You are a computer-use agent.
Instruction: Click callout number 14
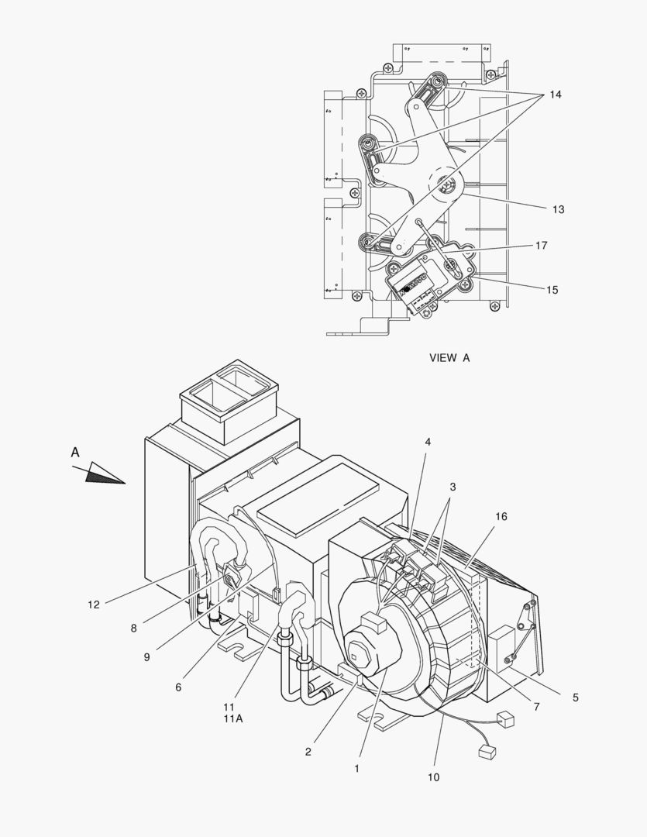coord(556,95)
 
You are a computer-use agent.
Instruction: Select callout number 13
coord(558,209)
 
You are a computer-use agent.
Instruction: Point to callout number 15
coord(552,290)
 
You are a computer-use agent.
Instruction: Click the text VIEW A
coord(449,358)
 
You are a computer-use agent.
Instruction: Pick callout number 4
coord(427,442)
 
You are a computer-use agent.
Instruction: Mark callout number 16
coord(501,517)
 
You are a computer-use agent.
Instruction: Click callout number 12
coord(93,604)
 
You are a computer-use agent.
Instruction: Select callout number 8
coord(133,628)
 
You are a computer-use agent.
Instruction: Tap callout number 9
coord(146,657)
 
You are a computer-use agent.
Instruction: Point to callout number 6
coord(178,687)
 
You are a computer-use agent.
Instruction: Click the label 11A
coord(233,718)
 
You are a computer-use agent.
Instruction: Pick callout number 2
coord(308,751)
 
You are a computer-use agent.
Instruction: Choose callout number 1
coord(356,769)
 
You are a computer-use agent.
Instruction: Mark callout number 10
coord(433,777)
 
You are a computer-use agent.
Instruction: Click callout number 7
coord(536,707)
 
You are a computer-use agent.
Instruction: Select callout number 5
coord(576,697)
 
